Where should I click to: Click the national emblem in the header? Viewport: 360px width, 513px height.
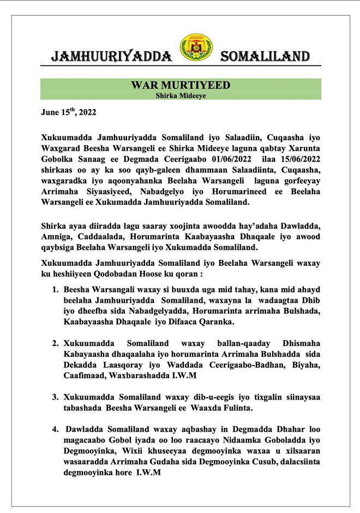pyautogui.click(x=197, y=48)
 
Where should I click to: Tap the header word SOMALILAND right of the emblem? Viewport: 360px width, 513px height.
pyautogui.click(x=266, y=56)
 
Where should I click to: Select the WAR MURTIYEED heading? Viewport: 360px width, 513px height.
pyautogui.click(x=181, y=86)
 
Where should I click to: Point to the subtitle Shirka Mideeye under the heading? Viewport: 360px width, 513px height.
pyautogui.click(x=181, y=96)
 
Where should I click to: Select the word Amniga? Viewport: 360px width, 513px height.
pyautogui.click(x=56, y=236)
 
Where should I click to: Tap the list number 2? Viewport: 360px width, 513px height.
pyautogui.click(x=55, y=344)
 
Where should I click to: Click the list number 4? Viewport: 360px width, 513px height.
pyautogui.click(x=55, y=429)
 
